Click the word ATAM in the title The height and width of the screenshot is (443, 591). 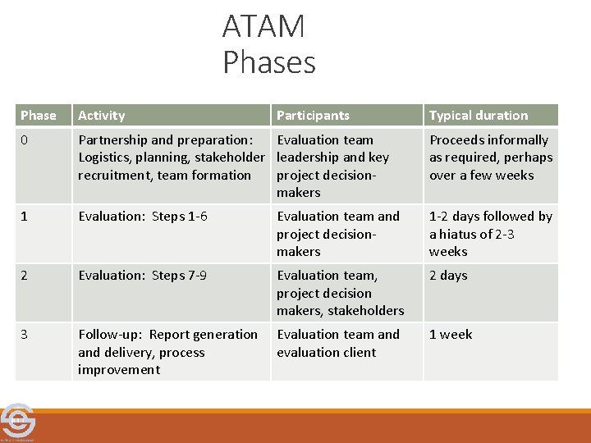pos(263,27)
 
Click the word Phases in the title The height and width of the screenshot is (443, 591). pos(268,62)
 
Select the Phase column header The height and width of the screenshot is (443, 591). pos(39,116)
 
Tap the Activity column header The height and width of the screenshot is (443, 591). pos(102,116)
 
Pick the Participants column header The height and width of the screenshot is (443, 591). pos(313,116)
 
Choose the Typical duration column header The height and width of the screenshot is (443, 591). pos(479,116)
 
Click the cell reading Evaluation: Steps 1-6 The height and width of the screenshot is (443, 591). pos(143,217)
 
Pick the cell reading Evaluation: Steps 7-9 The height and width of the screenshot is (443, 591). pos(143,276)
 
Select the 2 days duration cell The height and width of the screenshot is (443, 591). pos(448,276)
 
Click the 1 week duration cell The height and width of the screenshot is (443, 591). pos(451,335)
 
